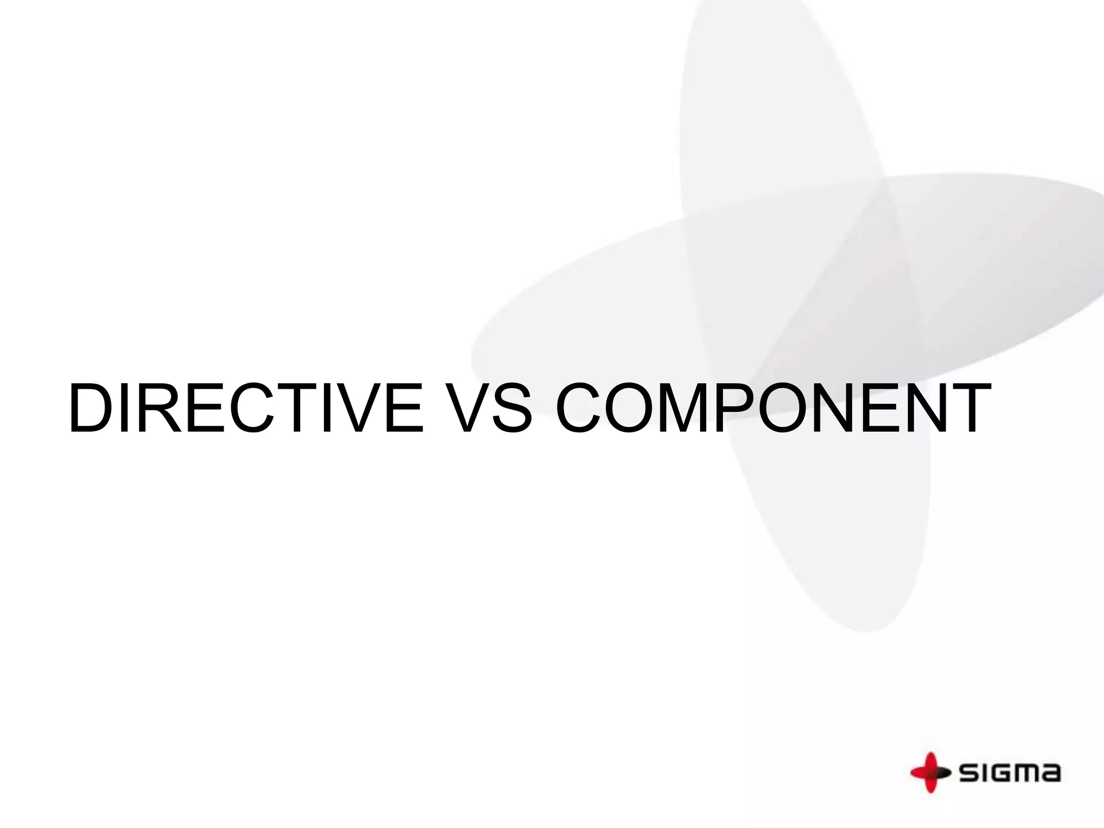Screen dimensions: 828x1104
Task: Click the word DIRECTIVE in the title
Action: click(246, 408)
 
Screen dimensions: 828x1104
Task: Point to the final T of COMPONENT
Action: click(967, 408)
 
